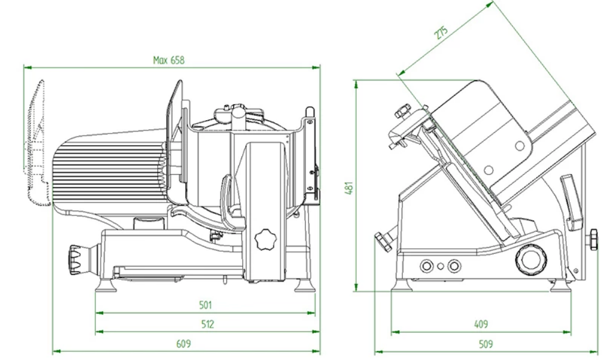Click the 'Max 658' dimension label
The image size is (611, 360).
pyautogui.click(x=168, y=60)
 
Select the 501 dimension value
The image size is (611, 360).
pyautogui.click(x=206, y=305)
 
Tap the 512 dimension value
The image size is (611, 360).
pyautogui.click(x=207, y=324)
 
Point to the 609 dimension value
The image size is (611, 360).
pyautogui.click(x=183, y=344)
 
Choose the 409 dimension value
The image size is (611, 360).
pyautogui.click(x=481, y=324)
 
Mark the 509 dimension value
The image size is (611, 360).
pyautogui.click(x=485, y=344)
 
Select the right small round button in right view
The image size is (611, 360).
pyautogui.click(x=453, y=265)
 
